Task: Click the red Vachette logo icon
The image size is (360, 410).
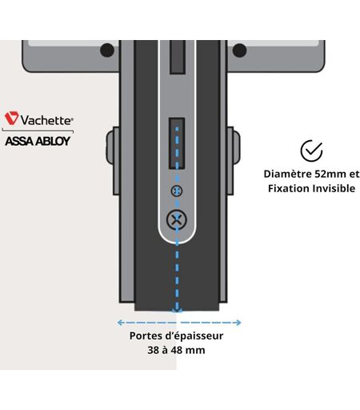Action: pos(11,118)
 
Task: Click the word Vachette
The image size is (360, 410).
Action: pos(46,120)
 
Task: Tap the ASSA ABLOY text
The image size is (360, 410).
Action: pos(38,141)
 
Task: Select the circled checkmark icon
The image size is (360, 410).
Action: pos(311,151)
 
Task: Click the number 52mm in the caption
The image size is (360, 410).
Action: pos(330,174)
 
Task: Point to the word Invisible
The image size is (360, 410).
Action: pos(334,188)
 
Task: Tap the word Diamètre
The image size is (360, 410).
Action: pos(287,174)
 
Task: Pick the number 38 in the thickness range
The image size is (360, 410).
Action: pos(154,350)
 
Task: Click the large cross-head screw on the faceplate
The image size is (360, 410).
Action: pos(177,220)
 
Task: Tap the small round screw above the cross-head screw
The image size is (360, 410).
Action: pos(177,191)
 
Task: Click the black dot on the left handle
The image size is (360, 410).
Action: pos(107,50)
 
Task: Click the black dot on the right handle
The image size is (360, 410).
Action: pos(239,50)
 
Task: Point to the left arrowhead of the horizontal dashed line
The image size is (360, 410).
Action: pos(120,323)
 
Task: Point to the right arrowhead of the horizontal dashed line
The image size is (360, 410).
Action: pos(238,323)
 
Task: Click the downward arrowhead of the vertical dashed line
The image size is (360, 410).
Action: pos(177,310)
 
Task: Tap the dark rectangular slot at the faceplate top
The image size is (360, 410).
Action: pos(178,57)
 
